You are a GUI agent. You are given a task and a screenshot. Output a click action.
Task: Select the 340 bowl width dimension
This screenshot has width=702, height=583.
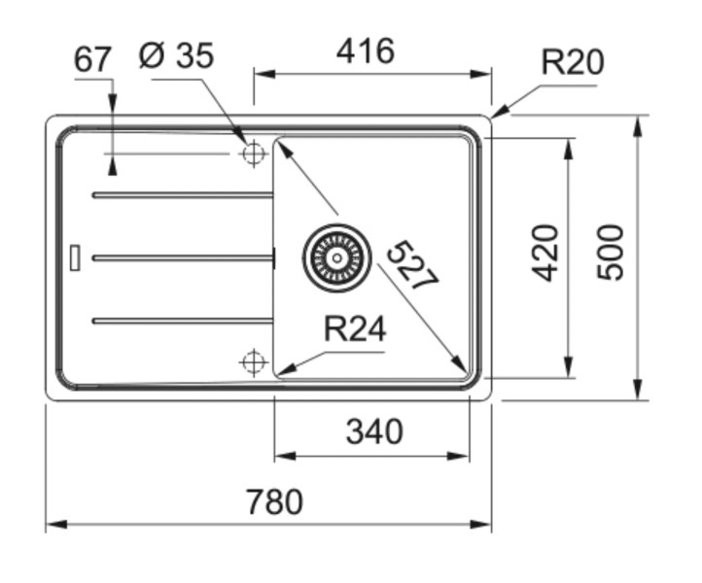[x=373, y=430]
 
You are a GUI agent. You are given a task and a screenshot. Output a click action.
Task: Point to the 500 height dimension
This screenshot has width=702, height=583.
[x=610, y=252]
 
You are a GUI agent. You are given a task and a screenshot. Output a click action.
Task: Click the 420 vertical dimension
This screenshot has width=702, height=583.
[x=547, y=252]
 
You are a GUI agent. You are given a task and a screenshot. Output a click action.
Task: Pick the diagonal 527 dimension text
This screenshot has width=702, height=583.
[x=411, y=265]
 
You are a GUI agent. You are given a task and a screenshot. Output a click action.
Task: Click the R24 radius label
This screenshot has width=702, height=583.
[x=354, y=330]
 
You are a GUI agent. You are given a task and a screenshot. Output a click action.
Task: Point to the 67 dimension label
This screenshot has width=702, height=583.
[x=93, y=59]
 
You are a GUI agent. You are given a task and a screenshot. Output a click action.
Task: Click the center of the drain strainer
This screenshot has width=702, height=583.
[x=336, y=257]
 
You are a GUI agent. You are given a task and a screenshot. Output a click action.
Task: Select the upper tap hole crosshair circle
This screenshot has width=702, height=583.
[x=253, y=154]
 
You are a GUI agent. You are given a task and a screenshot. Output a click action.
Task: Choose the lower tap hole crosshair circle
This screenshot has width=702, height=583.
[x=253, y=362]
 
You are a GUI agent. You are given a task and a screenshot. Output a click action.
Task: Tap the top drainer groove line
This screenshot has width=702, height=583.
[x=183, y=195]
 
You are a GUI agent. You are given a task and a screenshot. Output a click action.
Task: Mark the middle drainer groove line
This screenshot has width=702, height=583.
[x=183, y=257]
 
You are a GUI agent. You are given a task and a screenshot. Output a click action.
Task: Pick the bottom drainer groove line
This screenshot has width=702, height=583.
[x=183, y=320]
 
